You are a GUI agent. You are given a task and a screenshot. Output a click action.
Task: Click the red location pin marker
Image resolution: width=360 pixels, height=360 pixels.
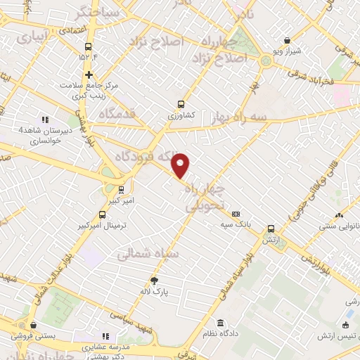(x=181, y=165)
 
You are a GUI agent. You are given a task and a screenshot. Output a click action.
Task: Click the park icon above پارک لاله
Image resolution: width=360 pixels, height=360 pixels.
(x=164, y=281)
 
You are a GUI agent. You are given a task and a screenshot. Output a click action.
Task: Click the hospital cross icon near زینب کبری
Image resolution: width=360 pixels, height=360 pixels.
(x=89, y=75)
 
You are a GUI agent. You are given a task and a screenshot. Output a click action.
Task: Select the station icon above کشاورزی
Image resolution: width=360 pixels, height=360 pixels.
(x=181, y=102)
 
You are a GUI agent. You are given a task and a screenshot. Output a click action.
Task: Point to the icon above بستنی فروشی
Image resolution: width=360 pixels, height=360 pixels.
(x=33, y=324)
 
